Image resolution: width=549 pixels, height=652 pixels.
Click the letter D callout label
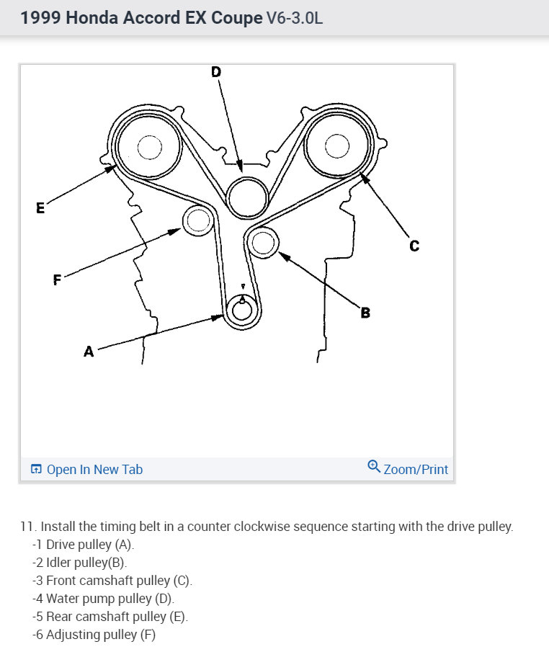[215, 71]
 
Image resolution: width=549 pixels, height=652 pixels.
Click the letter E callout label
[40, 208]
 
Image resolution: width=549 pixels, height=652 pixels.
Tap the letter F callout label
[57, 280]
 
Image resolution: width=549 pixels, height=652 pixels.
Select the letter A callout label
[89, 352]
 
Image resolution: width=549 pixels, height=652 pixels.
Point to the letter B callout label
[365, 313]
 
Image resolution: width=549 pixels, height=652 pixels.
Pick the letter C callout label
[414, 246]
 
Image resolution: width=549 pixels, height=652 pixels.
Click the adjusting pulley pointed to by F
[196, 220]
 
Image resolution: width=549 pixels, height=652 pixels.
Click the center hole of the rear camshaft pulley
[149, 148]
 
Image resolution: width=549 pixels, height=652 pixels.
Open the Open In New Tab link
[86, 470]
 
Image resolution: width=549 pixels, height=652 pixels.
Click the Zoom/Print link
[416, 470]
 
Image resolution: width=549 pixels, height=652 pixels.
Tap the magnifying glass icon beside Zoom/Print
[373, 466]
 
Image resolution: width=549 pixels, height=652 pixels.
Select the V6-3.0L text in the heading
[295, 18]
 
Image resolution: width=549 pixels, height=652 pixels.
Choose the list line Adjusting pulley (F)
[94, 635]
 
